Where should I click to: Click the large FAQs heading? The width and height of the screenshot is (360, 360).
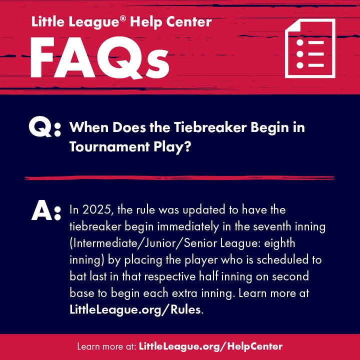100,57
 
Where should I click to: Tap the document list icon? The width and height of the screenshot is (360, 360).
310,48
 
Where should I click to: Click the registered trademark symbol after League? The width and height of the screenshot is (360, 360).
123,18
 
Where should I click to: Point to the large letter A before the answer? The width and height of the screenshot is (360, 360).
42,210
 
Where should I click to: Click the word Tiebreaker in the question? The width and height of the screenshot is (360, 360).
210,127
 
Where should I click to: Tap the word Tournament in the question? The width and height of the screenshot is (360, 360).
109,146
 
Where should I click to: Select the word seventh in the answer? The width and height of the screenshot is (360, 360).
269,226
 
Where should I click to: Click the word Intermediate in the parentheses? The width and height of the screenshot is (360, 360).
104,243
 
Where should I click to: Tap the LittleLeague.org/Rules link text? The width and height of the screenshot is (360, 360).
135,310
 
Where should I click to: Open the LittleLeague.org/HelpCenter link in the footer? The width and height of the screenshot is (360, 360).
211,346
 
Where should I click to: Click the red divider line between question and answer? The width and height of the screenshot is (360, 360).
180,178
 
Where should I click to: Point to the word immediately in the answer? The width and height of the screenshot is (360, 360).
188,227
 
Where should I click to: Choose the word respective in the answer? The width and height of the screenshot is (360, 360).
170,277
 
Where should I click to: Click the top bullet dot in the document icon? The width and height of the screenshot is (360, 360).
300,42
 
